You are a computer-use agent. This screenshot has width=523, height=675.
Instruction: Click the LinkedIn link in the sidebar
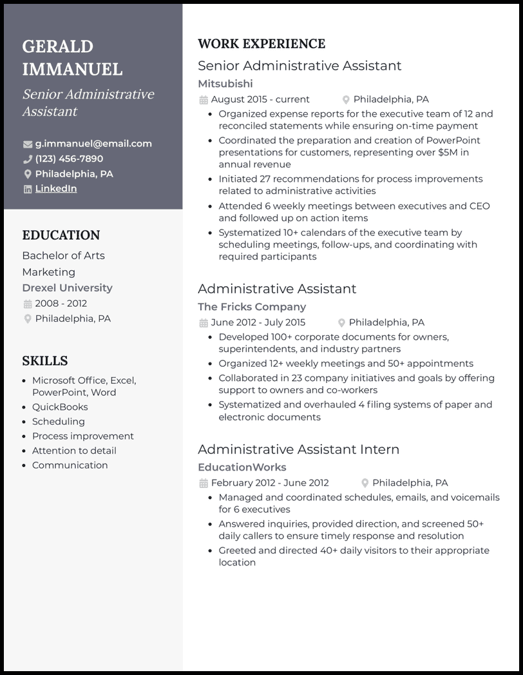click(x=55, y=189)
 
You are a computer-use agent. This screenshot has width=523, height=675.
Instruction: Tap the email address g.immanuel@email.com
click(x=93, y=144)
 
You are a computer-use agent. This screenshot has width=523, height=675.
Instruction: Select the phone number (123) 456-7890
click(x=69, y=159)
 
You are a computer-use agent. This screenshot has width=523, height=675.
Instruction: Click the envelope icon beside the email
click(x=28, y=144)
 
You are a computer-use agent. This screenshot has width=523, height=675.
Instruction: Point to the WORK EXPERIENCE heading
click(x=261, y=44)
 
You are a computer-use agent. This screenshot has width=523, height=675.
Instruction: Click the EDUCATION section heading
click(x=61, y=235)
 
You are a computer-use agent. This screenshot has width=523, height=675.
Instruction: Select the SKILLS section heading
click(x=45, y=361)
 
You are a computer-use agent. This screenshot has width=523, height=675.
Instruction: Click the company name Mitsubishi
click(x=225, y=84)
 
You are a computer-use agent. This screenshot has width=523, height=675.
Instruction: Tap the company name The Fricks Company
click(x=251, y=307)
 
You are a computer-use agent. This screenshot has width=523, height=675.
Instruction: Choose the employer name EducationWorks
click(x=242, y=467)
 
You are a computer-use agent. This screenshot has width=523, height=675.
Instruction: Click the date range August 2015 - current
click(x=260, y=99)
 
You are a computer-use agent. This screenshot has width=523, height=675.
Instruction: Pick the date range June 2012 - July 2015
click(x=258, y=322)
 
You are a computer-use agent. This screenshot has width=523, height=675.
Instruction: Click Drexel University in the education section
click(x=67, y=288)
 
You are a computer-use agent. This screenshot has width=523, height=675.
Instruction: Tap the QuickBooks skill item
click(x=60, y=407)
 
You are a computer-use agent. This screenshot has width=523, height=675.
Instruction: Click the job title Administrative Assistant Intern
click(x=298, y=449)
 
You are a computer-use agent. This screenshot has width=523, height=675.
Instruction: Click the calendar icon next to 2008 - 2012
click(x=28, y=304)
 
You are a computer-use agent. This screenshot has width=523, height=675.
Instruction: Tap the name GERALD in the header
click(x=57, y=46)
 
